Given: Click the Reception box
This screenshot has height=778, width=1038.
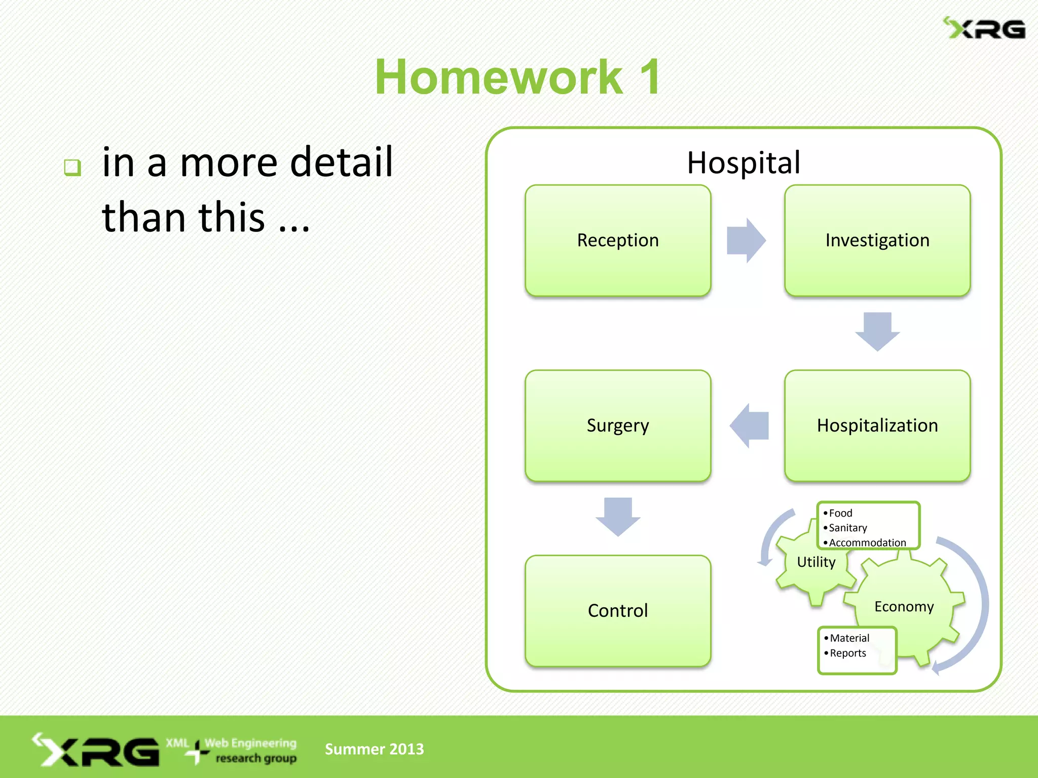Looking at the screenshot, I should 617,241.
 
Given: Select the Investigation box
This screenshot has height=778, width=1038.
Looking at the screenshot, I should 877,241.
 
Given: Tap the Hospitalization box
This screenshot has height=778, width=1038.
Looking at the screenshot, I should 877,425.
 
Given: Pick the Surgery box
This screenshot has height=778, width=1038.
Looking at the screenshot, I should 617,425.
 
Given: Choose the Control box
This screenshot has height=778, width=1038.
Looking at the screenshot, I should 617,611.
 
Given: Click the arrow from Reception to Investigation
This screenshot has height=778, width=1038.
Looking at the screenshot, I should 746,241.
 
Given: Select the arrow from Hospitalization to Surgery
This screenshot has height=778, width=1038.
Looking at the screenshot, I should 750,425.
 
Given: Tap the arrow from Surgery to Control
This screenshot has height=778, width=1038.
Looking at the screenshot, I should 617,516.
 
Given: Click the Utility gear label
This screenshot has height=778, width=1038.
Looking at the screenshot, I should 815,562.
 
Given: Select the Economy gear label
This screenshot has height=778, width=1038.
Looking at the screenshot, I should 904,607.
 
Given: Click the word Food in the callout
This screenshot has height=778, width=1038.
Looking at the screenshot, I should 840,513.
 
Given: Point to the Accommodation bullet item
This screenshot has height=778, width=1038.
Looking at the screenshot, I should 867,542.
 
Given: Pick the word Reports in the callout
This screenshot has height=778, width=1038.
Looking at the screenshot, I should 847,653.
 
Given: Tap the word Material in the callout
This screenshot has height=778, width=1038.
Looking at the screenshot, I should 849,638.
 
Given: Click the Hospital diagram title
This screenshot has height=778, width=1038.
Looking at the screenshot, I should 743,163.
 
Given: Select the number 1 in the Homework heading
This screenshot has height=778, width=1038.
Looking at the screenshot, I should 650,77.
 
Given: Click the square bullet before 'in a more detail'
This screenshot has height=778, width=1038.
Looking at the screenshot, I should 72,167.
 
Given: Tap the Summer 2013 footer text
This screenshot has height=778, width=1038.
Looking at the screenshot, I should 374,749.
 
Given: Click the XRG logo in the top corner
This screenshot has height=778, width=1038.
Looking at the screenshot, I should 984,29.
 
